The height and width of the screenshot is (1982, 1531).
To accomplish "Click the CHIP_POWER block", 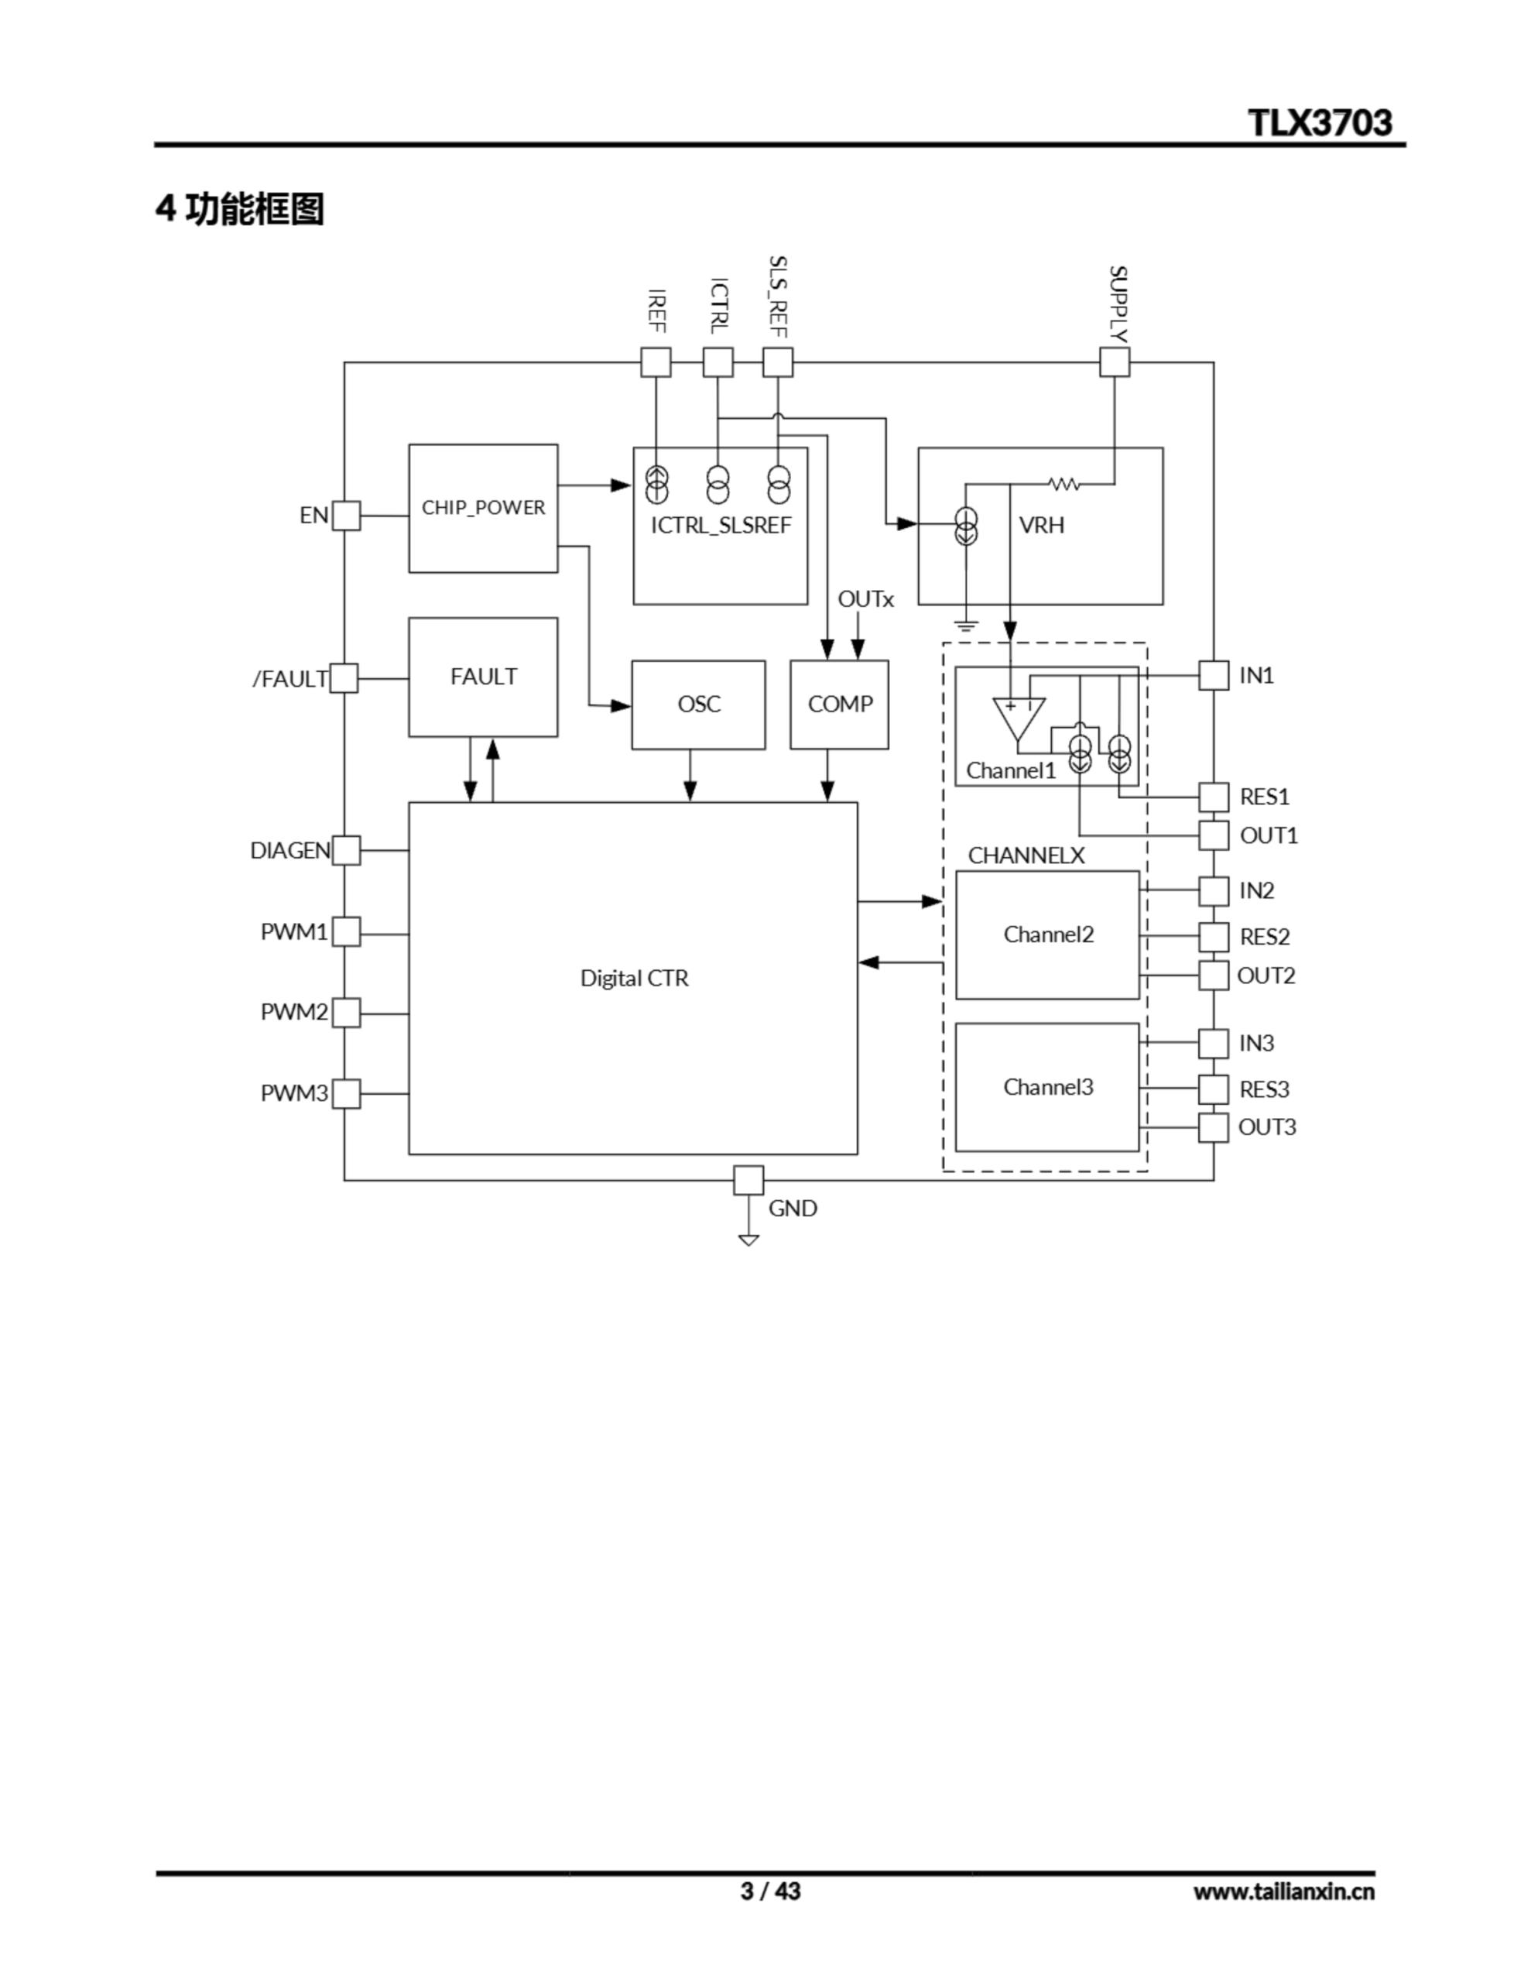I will click(483, 508).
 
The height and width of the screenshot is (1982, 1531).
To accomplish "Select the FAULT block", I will click(483, 677).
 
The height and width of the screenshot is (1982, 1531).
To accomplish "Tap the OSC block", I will click(698, 705).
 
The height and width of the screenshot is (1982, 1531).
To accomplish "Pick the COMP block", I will click(840, 705).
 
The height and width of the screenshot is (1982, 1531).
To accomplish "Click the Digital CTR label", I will click(635, 979).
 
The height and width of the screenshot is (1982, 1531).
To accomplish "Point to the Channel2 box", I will click(1047, 934).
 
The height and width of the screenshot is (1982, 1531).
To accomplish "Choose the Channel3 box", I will click(1047, 1087).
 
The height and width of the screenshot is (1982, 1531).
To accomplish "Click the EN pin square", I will click(346, 516).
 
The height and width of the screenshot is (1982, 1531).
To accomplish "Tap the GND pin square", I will click(748, 1181).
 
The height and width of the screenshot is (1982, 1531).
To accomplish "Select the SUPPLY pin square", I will click(1115, 362).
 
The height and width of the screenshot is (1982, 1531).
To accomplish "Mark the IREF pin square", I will click(656, 362).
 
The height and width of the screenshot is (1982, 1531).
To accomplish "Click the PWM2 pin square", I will click(346, 1013).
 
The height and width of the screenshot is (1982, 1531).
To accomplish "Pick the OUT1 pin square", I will click(1214, 835).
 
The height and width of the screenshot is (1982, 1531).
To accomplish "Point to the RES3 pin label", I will click(1264, 1089).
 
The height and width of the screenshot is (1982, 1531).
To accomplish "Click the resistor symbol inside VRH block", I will click(1063, 485).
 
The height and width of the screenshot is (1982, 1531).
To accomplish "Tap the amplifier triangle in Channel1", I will click(1019, 717).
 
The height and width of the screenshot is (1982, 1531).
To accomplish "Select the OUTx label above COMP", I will click(865, 599).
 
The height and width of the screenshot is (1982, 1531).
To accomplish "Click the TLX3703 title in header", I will click(1320, 122).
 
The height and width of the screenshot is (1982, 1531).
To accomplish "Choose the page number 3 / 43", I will click(770, 1891).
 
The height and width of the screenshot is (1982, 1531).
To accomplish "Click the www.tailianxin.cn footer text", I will click(1283, 1891).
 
